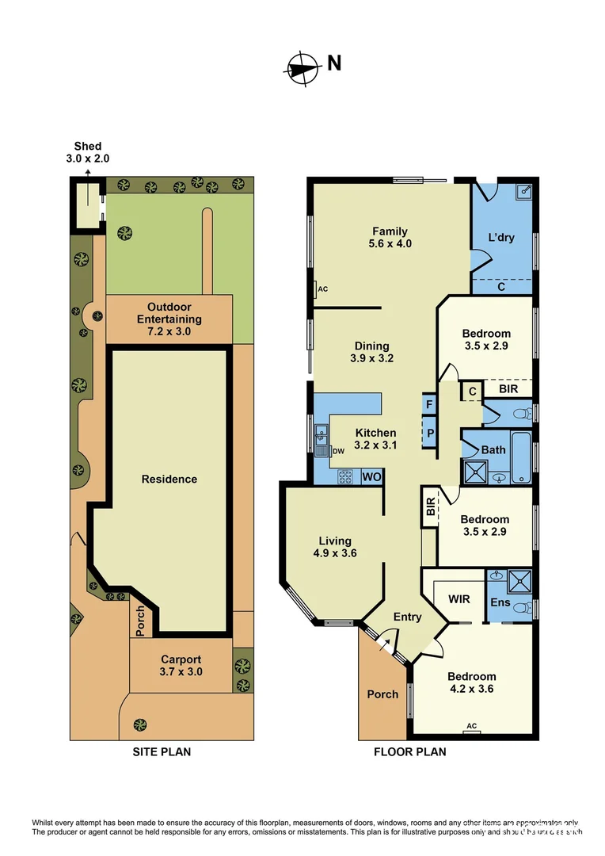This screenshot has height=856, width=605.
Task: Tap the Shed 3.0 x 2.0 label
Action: [x=88, y=152]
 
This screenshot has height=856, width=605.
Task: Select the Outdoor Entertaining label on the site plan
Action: [x=169, y=313]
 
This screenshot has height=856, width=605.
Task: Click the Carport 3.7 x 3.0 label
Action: [x=181, y=665]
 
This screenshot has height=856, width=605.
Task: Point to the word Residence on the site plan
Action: [x=169, y=479]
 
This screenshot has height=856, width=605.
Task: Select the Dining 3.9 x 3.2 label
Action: [x=371, y=352]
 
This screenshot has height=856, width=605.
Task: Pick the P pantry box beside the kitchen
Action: [x=429, y=434]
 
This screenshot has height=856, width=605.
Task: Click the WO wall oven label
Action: [x=371, y=477]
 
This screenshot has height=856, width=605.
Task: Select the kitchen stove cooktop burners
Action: [x=346, y=477]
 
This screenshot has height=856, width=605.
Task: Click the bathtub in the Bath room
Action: [x=521, y=457]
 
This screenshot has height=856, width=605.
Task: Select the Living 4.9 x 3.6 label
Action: [x=332, y=547]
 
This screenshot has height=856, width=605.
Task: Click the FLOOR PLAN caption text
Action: [x=409, y=751]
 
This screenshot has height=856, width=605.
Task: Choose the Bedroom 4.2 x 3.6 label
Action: [x=471, y=682]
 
